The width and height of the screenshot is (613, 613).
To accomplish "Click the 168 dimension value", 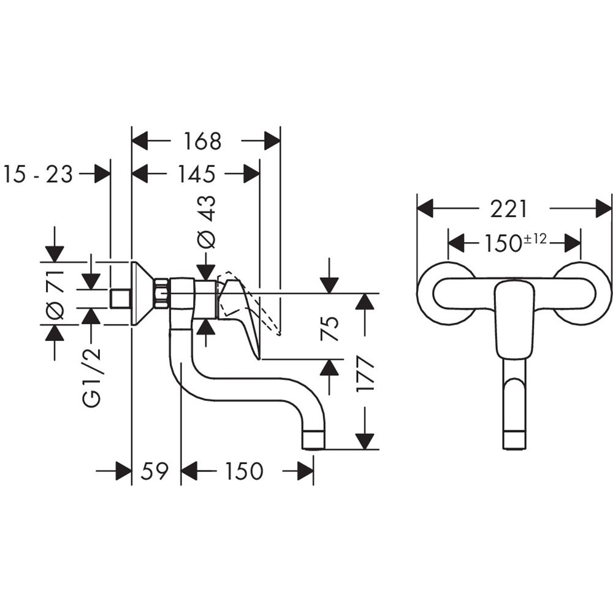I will click(x=203, y=142).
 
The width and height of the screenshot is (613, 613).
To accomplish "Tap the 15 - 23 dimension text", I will click(x=38, y=175).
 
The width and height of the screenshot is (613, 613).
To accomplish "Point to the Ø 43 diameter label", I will click(x=207, y=222).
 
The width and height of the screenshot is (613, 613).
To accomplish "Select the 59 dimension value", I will click(x=154, y=471).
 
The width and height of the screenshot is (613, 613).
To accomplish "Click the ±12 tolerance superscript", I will click(x=536, y=239).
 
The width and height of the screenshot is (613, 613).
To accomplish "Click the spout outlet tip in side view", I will click(x=314, y=440).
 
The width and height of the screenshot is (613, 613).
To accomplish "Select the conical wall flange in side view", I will click(x=142, y=293).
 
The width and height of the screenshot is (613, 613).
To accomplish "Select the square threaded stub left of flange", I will click(x=120, y=299).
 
